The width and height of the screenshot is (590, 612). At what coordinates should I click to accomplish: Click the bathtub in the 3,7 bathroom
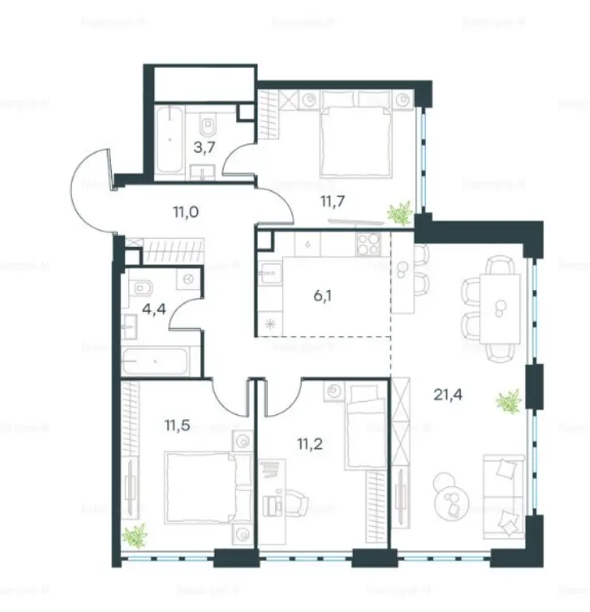(x=170, y=139)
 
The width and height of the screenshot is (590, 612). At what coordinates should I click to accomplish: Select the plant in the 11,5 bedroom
(x=136, y=534)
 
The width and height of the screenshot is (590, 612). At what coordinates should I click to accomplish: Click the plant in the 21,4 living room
(x=508, y=401)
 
